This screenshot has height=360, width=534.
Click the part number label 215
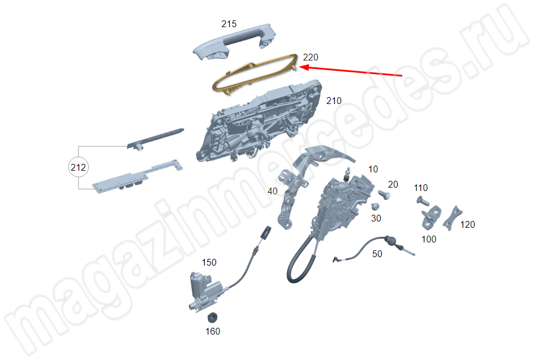[229, 24]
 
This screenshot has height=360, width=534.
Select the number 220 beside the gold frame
[311, 57]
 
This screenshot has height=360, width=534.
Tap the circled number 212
[78, 167]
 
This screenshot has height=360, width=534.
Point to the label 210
[334, 101]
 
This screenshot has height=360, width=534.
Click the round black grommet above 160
[213, 317]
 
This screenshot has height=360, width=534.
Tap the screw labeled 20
[385, 194]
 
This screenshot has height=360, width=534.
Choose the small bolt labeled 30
[375, 206]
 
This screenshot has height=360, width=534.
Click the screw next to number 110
[423, 201]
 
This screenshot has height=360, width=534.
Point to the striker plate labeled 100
[430, 218]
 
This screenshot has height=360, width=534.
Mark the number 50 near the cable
[377, 254]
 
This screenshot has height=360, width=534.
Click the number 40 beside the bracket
[273, 191]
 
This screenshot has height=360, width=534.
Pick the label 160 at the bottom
[213, 331]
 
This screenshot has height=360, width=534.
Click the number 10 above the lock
[373, 169]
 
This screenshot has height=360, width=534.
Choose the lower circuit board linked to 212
[136, 177]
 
